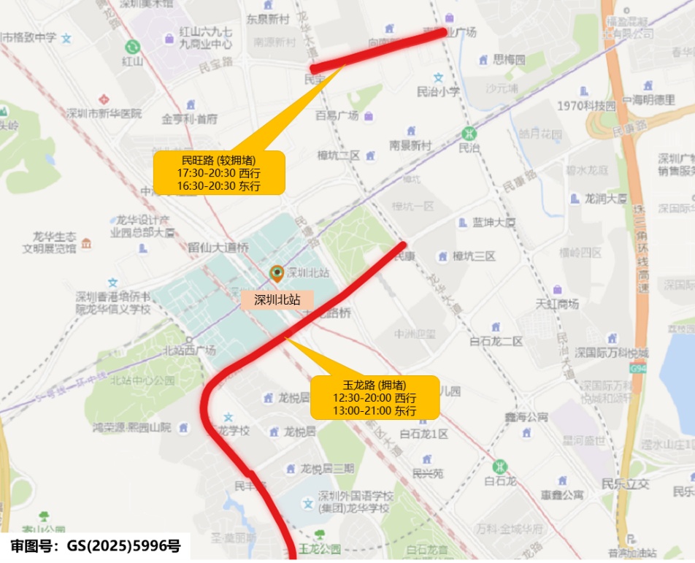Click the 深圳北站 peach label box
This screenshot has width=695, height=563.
click(x=277, y=299)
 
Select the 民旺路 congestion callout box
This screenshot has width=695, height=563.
click(x=218, y=173)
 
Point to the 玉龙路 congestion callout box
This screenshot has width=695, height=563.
click(x=375, y=397)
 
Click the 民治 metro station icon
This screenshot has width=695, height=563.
click(x=468, y=134)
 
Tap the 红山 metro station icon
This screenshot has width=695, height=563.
click(x=132, y=46)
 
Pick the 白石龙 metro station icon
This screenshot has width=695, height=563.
click(x=500, y=465)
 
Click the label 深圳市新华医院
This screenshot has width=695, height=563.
click(x=103, y=114)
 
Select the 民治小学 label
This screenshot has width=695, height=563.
click(x=438, y=92)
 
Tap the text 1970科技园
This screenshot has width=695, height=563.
click(x=586, y=106)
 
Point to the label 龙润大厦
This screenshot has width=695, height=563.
click(x=606, y=198)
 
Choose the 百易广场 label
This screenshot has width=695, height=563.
click(x=337, y=115)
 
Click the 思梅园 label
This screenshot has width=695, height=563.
click(x=509, y=60)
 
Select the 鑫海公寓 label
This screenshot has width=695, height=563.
click(x=526, y=417)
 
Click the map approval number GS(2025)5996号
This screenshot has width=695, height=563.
click(x=95, y=545)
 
